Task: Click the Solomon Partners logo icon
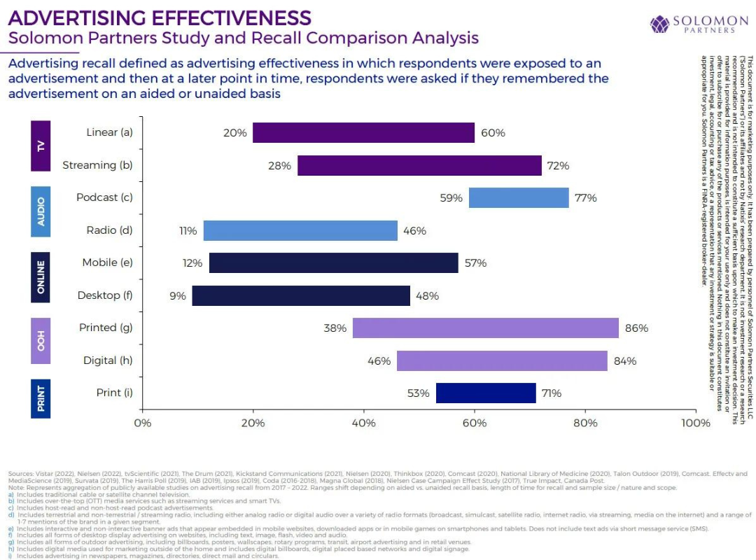click(x=660, y=24)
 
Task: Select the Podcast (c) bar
click(x=519, y=198)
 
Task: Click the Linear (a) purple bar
click(x=363, y=132)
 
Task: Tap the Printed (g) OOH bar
click(x=485, y=328)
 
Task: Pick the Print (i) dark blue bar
click(x=486, y=393)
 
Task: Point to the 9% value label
click(x=178, y=295)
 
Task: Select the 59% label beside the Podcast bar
click(x=451, y=198)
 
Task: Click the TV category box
click(x=41, y=146)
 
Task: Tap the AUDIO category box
click(x=41, y=211)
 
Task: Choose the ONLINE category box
click(x=41, y=276)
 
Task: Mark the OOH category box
click(x=41, y=341)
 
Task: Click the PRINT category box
click(x=41, y=398)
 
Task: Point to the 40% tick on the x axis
click(x=363, y=423)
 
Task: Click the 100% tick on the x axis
click(x=695, y=423)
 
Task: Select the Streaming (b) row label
click(x=98, y=165)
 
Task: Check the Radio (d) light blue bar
click(x=300, y=230)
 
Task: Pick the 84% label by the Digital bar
click(x=624, y=360)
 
